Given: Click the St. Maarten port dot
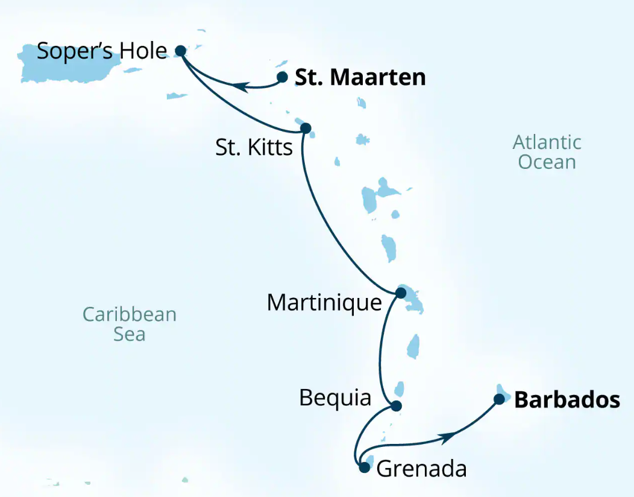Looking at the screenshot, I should click(x=282, y=77).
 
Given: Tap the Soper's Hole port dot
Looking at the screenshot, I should click(x=180, y=51).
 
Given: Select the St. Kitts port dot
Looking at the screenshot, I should click(x=305, y=128).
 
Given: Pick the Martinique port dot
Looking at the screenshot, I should click(x=400, y=293).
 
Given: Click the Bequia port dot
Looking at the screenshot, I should click(x=396, y=406).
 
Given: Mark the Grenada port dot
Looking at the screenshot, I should click(x=363, y=466).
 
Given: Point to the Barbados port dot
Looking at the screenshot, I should click(x=499, y=399).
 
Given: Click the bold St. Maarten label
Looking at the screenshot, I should click(x=360, y=78).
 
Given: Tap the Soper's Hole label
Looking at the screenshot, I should click(x=101, y=51).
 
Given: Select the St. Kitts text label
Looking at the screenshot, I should click(x=254, y=147).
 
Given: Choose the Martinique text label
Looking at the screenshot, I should click(x=324, y=302).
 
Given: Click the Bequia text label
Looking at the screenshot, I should click(x=334, y=398).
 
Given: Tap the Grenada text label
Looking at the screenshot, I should click(x=421, y=469).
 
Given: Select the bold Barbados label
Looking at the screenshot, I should click(x=567, y=400).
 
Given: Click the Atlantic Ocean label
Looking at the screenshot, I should click(x=547, y=152).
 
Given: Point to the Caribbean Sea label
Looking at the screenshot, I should click(x=129, y=324).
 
